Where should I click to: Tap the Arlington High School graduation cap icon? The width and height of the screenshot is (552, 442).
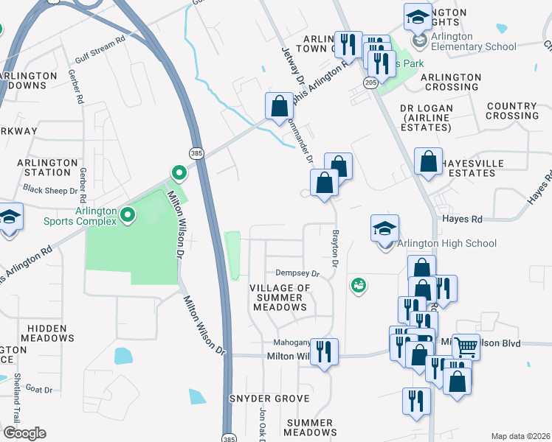coord(384,228)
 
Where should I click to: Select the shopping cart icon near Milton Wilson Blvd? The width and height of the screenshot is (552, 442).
coord(466,346)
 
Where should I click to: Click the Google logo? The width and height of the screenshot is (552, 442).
coord(24,433)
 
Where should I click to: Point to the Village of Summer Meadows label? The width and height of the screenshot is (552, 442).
coord(279,297)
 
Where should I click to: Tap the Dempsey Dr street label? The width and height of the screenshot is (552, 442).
coord(297,273)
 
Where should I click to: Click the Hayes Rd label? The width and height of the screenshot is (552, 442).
coord(462,219)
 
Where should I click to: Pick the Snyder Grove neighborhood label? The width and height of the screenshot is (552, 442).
coord(269,399)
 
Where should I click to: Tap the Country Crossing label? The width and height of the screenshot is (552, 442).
coord(512,111)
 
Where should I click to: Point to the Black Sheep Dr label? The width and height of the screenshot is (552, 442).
coord(50,189)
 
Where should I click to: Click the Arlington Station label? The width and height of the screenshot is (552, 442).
coord(48,167)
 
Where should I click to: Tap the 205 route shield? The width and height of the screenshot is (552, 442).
coord(370,83)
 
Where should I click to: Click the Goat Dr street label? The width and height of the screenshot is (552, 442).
coord(38,389)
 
